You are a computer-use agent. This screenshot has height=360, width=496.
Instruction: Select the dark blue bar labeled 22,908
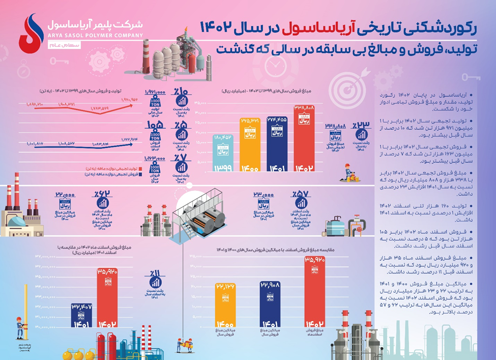[269, 306]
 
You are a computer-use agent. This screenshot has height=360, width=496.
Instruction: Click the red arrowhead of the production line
[134, 104]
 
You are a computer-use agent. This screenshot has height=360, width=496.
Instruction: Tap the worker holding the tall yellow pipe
[20, 326]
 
